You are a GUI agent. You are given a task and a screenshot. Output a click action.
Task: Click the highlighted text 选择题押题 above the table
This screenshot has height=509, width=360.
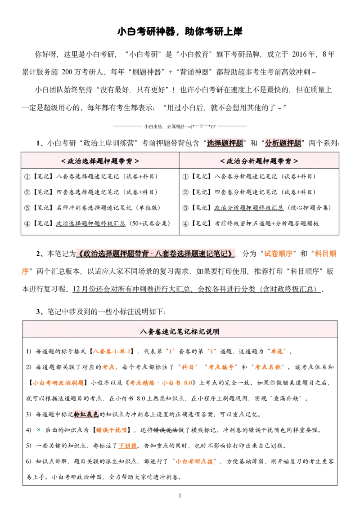[225, 143]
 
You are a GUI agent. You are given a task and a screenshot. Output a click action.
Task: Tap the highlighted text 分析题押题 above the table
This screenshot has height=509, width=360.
[283, 143]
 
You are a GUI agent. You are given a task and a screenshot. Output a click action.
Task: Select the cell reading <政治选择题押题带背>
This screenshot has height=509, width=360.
[100, 161]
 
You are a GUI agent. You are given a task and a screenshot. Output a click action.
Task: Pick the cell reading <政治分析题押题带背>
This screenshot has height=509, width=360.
[259, 161]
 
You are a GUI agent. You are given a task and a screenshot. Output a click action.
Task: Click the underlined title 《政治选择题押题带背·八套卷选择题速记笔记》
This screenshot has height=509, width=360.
[156, 254]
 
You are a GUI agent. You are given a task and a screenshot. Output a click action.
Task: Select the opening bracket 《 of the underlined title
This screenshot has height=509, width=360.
[79, 254]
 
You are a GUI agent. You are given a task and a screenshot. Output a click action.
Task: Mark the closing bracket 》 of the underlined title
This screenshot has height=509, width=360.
[233, 254]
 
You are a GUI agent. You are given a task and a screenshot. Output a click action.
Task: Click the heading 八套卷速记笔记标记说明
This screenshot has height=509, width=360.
[180, 332]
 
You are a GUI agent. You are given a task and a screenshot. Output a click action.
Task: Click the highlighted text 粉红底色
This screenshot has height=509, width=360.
[86, 414]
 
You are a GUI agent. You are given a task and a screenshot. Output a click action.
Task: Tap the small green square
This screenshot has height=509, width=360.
[39, 429]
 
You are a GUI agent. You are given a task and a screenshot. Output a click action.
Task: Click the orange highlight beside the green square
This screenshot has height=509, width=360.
[112, 430]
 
